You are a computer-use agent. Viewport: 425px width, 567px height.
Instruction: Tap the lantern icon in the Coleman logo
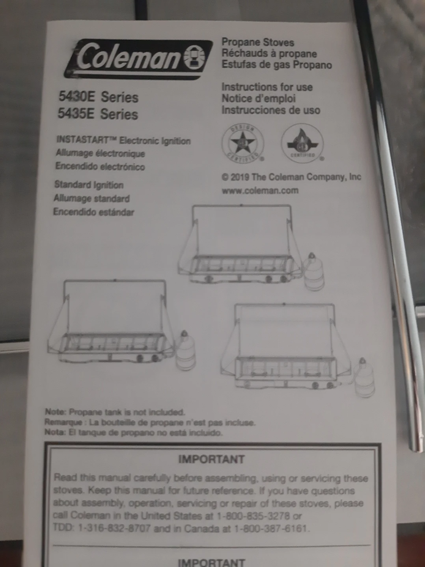click(196, 58)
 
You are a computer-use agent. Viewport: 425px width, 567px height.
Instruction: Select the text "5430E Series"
click(99, 96)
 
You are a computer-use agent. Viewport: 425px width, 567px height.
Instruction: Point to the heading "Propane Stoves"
click(257, 42)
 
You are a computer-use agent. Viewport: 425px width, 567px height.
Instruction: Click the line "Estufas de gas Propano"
click(276, 65)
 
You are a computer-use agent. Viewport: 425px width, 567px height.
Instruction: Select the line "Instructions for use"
click(267, 87)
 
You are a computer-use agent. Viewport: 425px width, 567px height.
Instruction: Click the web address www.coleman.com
click(260, 191)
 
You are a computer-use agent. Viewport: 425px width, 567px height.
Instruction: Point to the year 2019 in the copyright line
click(240, 177)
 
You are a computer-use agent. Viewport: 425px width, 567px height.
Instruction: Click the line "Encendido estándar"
click(94, 212)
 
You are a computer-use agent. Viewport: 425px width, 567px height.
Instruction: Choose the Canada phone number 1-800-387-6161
click(272, 528)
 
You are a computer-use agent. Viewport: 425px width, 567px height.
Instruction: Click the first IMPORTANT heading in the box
click(211, 460)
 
